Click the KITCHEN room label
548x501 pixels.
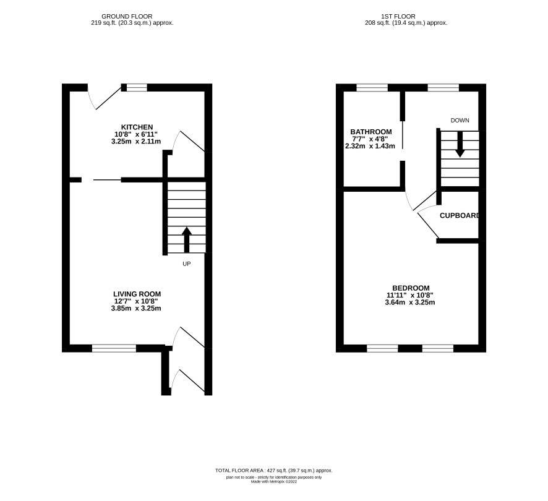click(137, 127)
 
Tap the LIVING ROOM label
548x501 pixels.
click(137, 294)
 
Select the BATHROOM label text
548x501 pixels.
click(371, 132)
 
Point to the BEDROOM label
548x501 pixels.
click(411, 288)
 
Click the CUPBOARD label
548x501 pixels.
click(459, 216)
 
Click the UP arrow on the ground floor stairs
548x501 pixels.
click(187, 239)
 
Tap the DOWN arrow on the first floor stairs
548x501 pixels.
click(460, 144)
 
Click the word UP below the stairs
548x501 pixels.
click(187, 263)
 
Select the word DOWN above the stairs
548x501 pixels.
click(460, 120)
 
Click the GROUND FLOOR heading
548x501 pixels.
click(127, 17)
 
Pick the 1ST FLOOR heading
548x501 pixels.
click(398, 17)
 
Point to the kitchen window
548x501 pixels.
click(137, 87)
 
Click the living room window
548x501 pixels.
click(114, 348)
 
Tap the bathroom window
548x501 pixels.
click(372, 87)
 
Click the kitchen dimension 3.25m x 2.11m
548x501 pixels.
click(136, 141)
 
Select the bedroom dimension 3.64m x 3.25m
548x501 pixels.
click(410, 302)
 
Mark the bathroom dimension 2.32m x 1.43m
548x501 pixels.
click(370, 146)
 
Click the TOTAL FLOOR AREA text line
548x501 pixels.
click(274, 471)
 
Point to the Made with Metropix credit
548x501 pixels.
click(274, 481)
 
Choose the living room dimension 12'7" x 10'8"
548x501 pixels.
click(136, 301)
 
